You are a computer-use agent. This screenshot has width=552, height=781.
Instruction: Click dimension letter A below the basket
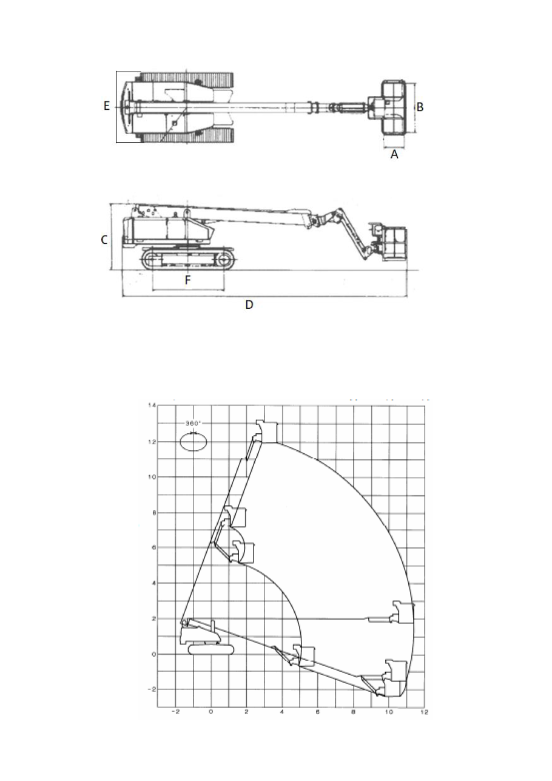394,154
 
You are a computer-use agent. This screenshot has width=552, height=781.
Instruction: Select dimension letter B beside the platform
420,107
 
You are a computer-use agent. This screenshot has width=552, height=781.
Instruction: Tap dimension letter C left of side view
104,240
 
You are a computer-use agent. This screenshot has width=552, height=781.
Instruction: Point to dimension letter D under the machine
249,305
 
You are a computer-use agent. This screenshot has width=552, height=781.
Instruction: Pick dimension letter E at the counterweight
106,106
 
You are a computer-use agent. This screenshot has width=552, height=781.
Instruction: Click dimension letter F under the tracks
187,280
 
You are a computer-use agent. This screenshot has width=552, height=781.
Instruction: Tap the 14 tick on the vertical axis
152,405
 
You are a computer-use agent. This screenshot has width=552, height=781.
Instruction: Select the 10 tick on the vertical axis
152,478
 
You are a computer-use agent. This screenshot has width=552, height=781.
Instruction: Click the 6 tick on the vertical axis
153,547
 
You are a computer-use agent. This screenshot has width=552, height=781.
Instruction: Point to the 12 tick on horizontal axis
424,712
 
